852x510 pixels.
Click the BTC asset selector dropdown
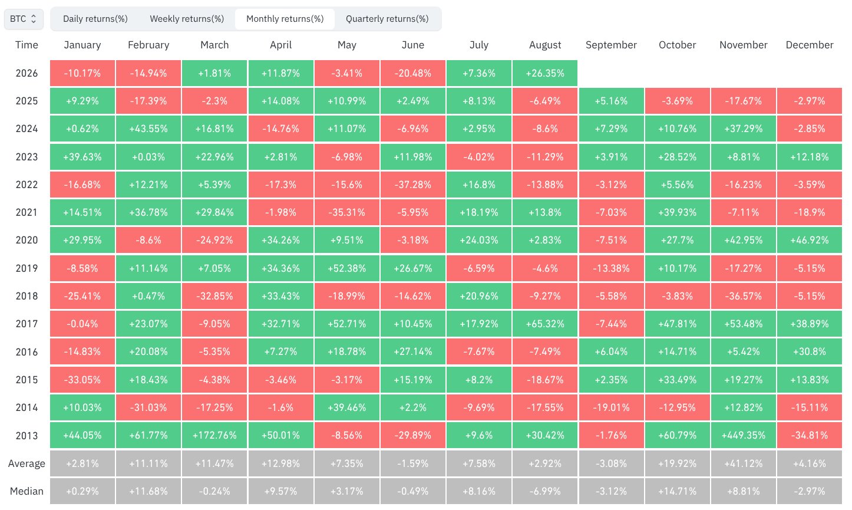coord(24,19)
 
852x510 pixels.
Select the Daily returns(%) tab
coord(95,19)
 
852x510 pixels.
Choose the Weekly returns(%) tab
coord(187,19)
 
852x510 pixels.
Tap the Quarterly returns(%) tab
coord(387,19)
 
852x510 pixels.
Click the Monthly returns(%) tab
coord(285,19)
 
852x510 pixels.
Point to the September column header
coord(611,45)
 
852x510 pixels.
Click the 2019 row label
coord(27,268)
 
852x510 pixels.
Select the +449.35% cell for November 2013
coord(743,435)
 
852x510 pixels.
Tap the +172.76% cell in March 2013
coord(214,435)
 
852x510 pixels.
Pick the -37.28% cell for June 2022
coord(412,185)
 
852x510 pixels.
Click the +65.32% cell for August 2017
coord(545,324)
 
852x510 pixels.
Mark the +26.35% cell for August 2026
coord(545,73)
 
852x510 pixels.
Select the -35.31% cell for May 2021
coord(347,212)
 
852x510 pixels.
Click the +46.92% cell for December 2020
coord(810,240)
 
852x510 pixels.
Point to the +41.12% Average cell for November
coord(743,463)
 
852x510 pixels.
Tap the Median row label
coord(27,491)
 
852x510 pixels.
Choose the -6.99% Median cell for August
coord(545,491)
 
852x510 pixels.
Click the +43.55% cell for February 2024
coord(148,129)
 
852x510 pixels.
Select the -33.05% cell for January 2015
coord(82,380)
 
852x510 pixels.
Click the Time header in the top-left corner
coord(27,45)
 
